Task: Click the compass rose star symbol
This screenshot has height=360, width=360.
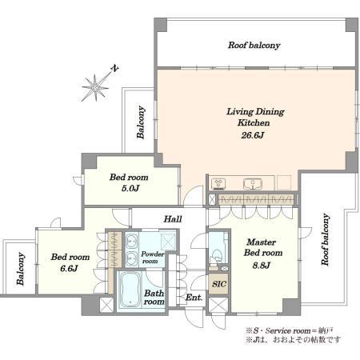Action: pyautogui.click(x=95, y=87)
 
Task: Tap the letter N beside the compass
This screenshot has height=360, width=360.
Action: pyautogui.click(x=115, y=68)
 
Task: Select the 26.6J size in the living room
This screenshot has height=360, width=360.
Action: pyautogui.click(x=253, y=135)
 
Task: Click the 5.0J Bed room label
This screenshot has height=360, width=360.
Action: pyautogui.click(x=129, y=182)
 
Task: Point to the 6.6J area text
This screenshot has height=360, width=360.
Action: pyautogui.click(x=69, y=268)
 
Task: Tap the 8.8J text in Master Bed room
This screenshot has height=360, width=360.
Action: pyautogui.click(x=262, y=266)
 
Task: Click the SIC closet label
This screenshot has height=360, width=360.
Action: pyautogui.click(x=219, y=284)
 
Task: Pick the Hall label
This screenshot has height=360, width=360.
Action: pyautogui.click(x=173, y=219)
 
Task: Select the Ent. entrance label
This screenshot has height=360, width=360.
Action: pyautogui.click(x=194, y=298)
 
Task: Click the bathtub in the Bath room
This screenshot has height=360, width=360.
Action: pyautogui.click(x=130, y=290)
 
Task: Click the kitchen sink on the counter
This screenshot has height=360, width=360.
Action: pyautogui.click(x=253, y=184)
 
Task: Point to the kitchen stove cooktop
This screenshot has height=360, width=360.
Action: pyautogui.click(x=218, y=183)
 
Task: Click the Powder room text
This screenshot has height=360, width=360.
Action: pyautogui.click(x=152, y=258)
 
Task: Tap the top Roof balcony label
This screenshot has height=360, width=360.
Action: pyautogui.click(x=254, y=46)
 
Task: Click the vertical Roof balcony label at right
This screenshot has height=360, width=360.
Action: pyautogui.click(x=325, y=239)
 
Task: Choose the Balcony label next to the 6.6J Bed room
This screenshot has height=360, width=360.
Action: pyautogui.click(x=21, y=269)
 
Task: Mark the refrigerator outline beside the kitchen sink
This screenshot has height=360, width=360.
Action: pyautogui.click(x=284, y=182)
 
